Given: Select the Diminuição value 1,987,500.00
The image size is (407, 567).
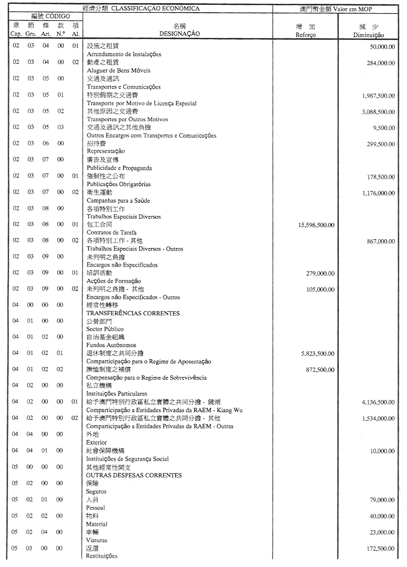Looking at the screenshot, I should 378,95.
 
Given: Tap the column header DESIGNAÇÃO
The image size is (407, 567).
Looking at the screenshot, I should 179,34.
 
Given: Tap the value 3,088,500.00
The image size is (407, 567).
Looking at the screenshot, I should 378,112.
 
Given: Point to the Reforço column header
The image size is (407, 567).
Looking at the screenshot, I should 305,34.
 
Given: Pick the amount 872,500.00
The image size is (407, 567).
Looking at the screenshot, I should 321,370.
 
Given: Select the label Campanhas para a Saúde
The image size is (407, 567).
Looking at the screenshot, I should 119,201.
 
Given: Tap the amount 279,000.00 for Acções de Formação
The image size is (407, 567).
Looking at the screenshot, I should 321,273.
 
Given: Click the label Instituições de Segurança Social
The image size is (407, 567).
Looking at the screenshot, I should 128,458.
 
